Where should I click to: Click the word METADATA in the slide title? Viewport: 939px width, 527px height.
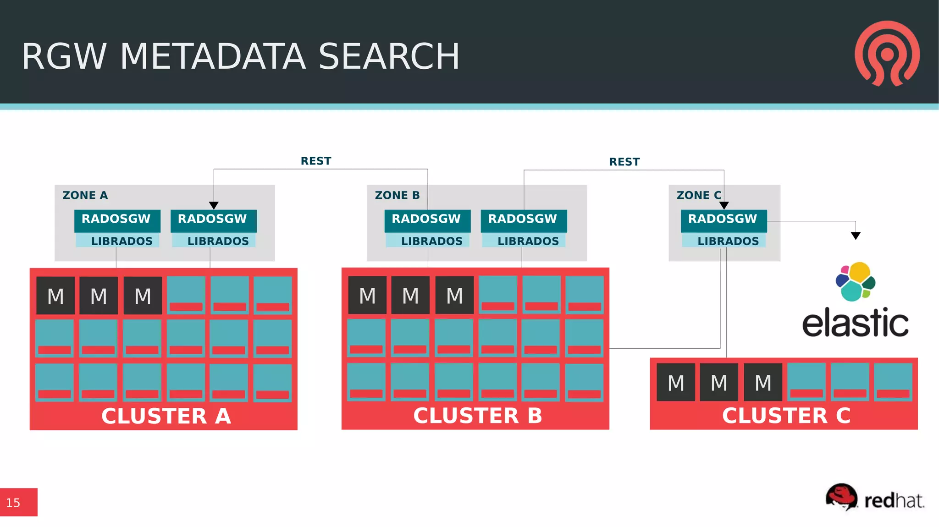pos(213,56)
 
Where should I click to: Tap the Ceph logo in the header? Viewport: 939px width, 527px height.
pos(887,54)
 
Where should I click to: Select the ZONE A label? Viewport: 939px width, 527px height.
pos(85,195)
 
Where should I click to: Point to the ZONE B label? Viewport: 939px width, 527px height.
pos(397,195)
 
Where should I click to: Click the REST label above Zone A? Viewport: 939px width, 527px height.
pos(316,161)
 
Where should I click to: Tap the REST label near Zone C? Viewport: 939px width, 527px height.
pos(624,162)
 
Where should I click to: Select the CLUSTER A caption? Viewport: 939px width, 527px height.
pos(166,416)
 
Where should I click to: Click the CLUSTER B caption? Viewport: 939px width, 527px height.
pos(478,416)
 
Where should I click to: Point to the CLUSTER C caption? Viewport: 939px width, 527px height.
pos(786,416)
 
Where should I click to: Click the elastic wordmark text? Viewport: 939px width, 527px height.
pos(855,323)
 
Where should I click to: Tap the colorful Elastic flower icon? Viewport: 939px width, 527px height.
pos(855,281)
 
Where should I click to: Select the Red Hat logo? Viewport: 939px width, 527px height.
pos(875,497)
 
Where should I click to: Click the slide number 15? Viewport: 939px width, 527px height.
pos(13,503)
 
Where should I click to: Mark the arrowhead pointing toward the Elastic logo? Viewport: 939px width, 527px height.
pos(856,236)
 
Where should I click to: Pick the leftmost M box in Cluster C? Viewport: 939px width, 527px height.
pos(676,383)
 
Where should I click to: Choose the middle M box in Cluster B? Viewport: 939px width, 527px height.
pos(410,296)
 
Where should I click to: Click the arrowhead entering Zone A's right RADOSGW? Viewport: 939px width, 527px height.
pos(214,205)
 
